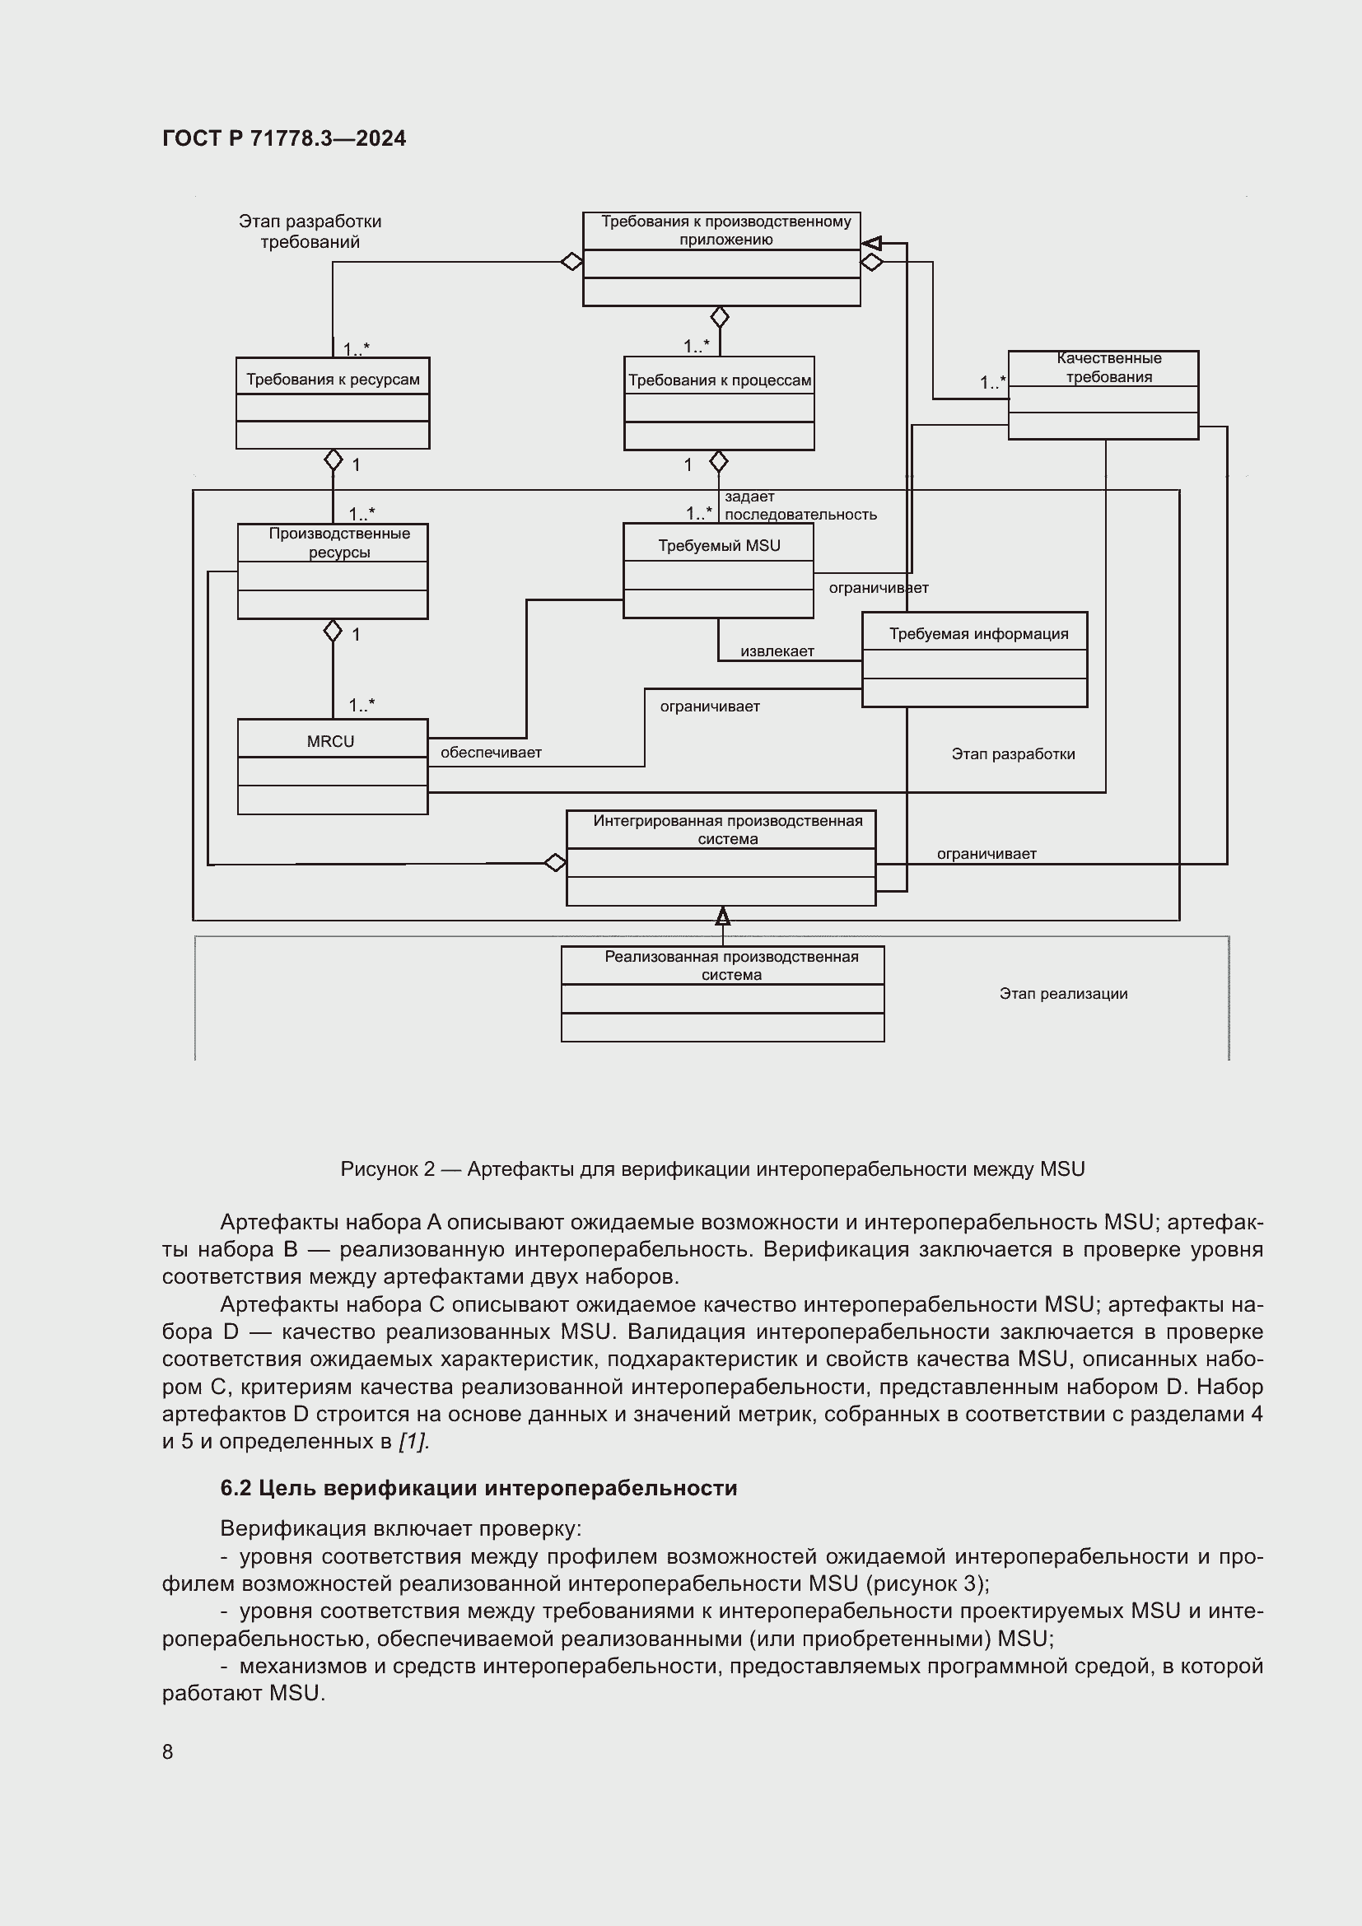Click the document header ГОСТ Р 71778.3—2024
pyautogui.click(x=283, y=138)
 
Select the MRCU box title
pyautogui.click(x=330, y=741)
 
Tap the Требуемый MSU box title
pyautogui.click(x=719, y=545)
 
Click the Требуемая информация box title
pyautogui.click(x=978, y=633)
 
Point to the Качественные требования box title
pyautogui.click(x=1108, y=367)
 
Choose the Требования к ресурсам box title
pyautogui.click(x=333, y=379)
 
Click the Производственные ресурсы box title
pyautogui.click(x=338, y=542)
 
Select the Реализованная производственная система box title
pyautogui.click(x=730, y=966)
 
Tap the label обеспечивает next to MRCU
pyautogui.click(x=491, y=753)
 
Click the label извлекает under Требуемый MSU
pyautogui.click(x=777, y=651)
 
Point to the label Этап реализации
pyautogui.click(x=1062, y=993)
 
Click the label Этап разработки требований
pyautogui.click(x=310, y=231)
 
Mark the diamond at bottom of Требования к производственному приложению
pyautogui.click(x=720, y=317)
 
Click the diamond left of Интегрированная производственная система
pyautogui.click(x=554, y=862)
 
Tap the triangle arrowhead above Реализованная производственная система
pyautogui.click(x=722, y=916)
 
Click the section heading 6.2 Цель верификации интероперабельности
pyautogui.click(x=478, y=1487)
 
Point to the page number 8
pyautogui.click(x=168, y=1751)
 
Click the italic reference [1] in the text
pyautogui.click(x=413, y=1441)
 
